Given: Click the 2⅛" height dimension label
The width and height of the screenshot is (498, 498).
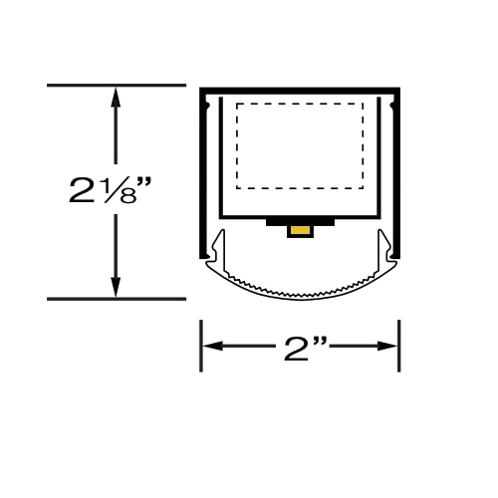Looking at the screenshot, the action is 110,190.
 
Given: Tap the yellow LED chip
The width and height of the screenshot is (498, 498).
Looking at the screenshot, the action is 300,230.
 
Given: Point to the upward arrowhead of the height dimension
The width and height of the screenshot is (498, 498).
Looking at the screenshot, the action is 116,97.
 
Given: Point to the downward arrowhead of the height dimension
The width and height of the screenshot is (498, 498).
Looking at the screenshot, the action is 116,287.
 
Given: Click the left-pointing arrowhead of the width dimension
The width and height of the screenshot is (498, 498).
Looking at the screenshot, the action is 213,346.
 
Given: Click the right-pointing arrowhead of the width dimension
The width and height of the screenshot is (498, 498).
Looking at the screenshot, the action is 387,346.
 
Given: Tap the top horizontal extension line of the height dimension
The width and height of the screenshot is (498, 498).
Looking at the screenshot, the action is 117,86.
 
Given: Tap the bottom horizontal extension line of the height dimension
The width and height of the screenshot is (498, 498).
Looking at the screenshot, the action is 117,299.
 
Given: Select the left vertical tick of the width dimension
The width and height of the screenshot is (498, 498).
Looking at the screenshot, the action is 201,346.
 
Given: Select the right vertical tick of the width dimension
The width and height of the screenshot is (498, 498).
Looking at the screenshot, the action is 399,346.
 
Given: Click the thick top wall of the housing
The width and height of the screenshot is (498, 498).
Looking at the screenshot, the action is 300,91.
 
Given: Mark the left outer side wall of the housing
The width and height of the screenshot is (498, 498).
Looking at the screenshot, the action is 202,172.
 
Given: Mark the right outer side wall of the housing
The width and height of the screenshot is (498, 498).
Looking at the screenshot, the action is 397,172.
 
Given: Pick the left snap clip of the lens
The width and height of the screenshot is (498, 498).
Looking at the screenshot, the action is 217,247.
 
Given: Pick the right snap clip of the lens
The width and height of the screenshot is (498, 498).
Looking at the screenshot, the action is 384,247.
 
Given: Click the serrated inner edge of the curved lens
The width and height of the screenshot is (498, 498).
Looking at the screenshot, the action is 301,294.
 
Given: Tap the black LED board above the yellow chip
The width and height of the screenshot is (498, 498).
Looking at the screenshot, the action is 300,222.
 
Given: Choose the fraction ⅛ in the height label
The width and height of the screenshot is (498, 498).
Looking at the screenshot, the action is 121,192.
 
